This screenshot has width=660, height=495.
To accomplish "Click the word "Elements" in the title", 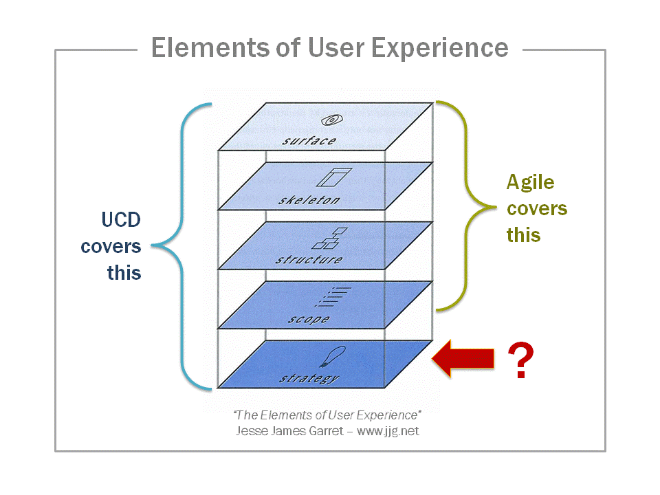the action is pos(211,47).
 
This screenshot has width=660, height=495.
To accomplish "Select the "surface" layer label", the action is pos(309,140).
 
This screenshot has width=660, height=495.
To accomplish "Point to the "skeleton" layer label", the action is pos(309,200).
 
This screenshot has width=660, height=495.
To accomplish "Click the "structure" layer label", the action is pos(309,259).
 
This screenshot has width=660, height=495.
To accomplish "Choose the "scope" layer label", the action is pos(309,320).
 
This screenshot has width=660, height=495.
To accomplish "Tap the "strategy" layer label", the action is pos(309,378).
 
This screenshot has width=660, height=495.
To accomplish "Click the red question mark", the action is pos(521,360).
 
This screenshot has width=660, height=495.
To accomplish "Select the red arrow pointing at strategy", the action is pos(463,359).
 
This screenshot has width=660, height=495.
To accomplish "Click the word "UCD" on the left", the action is pos(121,219).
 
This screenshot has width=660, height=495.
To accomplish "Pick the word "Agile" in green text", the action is pos(530,183).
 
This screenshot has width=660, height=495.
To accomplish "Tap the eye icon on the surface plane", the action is pos(332,120).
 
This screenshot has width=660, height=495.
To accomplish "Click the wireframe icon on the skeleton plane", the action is pos(334,177).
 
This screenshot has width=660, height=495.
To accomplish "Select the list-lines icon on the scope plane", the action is pos(333,297).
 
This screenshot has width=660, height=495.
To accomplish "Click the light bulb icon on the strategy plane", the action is pos(333,357).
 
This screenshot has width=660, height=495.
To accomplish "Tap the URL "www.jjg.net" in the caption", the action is pos(388,432).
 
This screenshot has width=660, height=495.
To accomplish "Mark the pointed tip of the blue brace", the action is pos(151,246).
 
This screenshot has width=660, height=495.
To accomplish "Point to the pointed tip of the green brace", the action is pos(496,207).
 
